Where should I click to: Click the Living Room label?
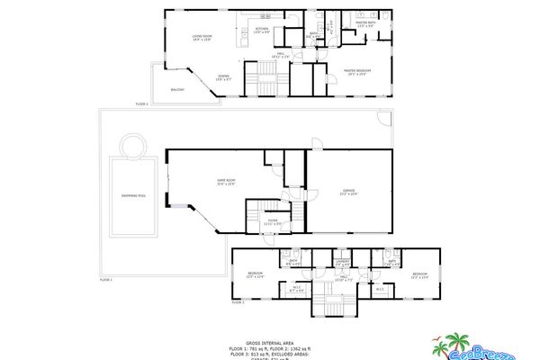tap(201, 37)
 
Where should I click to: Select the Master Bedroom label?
tap(358, 71)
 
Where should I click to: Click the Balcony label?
tap(178, 90)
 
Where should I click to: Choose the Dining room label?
tap(223, 77)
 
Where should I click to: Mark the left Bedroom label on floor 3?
tap(256, 274)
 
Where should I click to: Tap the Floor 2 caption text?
tap(141, 105)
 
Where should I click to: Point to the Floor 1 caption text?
tap(105, 280)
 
